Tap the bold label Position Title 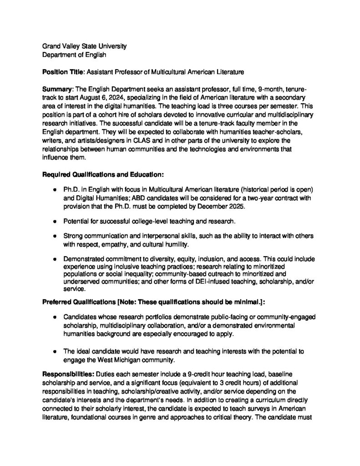(63, 71)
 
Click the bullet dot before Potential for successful (54, 221)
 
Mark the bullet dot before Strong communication (54, 237)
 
